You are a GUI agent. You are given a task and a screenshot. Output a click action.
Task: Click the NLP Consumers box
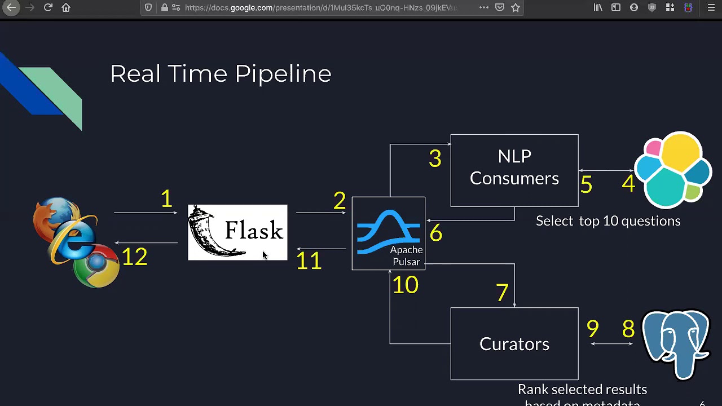[514, 170]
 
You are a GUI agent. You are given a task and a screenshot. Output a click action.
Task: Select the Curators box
[514, 343]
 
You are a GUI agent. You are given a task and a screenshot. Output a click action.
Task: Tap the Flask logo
[237, 232]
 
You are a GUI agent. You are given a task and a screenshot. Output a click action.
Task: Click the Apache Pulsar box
[388, 233]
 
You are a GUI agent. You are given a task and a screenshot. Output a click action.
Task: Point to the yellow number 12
[134, 257]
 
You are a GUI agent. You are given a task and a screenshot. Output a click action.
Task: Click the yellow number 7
[502, 292]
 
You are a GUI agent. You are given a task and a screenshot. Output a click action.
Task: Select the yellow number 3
[434, 158]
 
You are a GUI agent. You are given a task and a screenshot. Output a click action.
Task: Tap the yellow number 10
[406, 285]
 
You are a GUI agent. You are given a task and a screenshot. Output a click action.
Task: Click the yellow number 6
[435, 233]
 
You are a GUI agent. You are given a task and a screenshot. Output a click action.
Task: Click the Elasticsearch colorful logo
[673, 170]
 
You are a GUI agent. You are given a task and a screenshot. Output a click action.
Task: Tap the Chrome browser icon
[97, 266]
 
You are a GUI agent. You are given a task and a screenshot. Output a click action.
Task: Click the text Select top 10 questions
[607, 221]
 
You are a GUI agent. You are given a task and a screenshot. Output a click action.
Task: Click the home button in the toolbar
[66, 8]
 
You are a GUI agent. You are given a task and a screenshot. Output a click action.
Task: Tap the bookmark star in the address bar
[515, 8]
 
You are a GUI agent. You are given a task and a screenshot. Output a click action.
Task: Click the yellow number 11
[309, 261]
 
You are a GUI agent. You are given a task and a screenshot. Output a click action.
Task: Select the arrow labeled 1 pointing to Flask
[146, 213]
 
